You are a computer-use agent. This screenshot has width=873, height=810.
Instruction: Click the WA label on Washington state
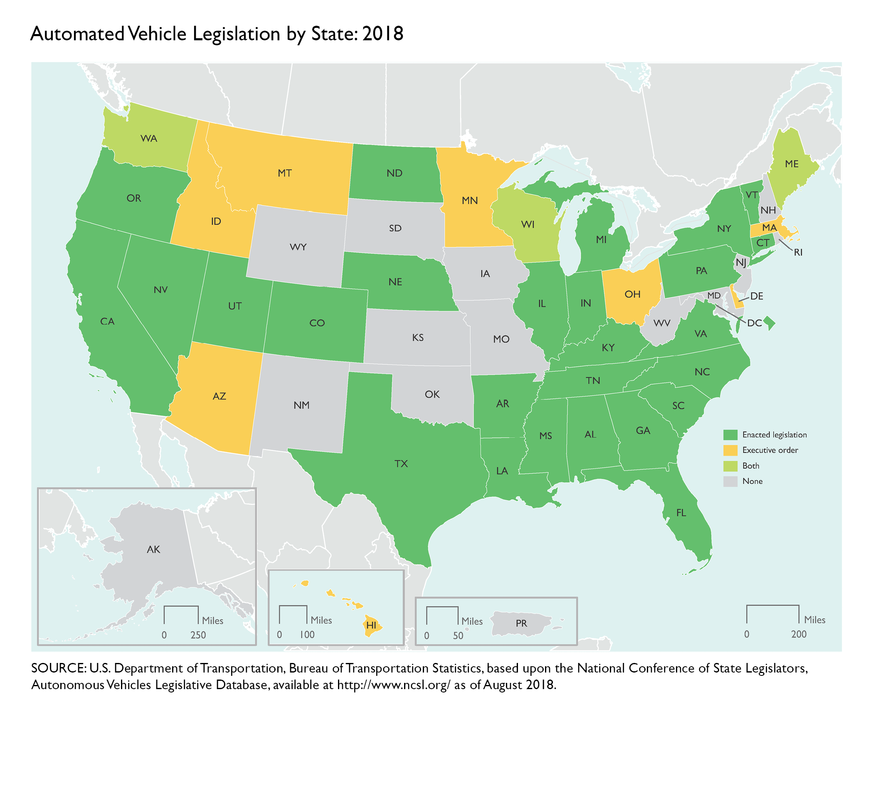pyautogui.click(x=148, y=139)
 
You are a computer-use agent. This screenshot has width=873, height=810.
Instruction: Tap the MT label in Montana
pyautogui.click(x=285, y=174)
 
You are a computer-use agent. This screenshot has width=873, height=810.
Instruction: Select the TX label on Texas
pyautogui.click(x=401, y=464)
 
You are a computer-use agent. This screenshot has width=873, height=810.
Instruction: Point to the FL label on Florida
pyautogui.click(x=681, y=513)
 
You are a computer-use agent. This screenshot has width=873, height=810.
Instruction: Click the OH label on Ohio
pyautogui.click(x=632, y=294)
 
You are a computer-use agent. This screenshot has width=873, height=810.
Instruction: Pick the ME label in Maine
pyautogui.click(x=792, y=164)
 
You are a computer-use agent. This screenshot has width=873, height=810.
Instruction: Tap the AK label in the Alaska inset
pyautogui.click(x=153, y=549)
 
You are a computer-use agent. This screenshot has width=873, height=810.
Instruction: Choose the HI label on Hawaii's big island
pyautogui.click(x=371, y=625)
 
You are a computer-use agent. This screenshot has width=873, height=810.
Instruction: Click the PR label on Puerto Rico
pyautogui.click(x=521, y=623)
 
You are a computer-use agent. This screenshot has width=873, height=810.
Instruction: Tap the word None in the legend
pyautogui.click(x=752, y=481)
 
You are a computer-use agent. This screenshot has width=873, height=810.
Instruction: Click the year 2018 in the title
pyautogui.click(x=382, y=34)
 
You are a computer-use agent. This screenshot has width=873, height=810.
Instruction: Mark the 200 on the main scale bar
pyautogui.click(x=799, y=634)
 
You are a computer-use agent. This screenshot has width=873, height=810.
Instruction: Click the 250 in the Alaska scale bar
pyautogui.click(x=198, y=635)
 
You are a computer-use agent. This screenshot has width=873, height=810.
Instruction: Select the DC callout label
pyautogui.click(x=754, y=324)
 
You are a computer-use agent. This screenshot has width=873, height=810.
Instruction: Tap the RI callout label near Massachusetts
pyautogui.click(x=798, y=253)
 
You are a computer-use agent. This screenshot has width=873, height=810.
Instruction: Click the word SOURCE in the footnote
pyautogui.click(x=58, y=668)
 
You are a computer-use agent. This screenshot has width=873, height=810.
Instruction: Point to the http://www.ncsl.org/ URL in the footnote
pyautogui.click(x=394, y=685)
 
